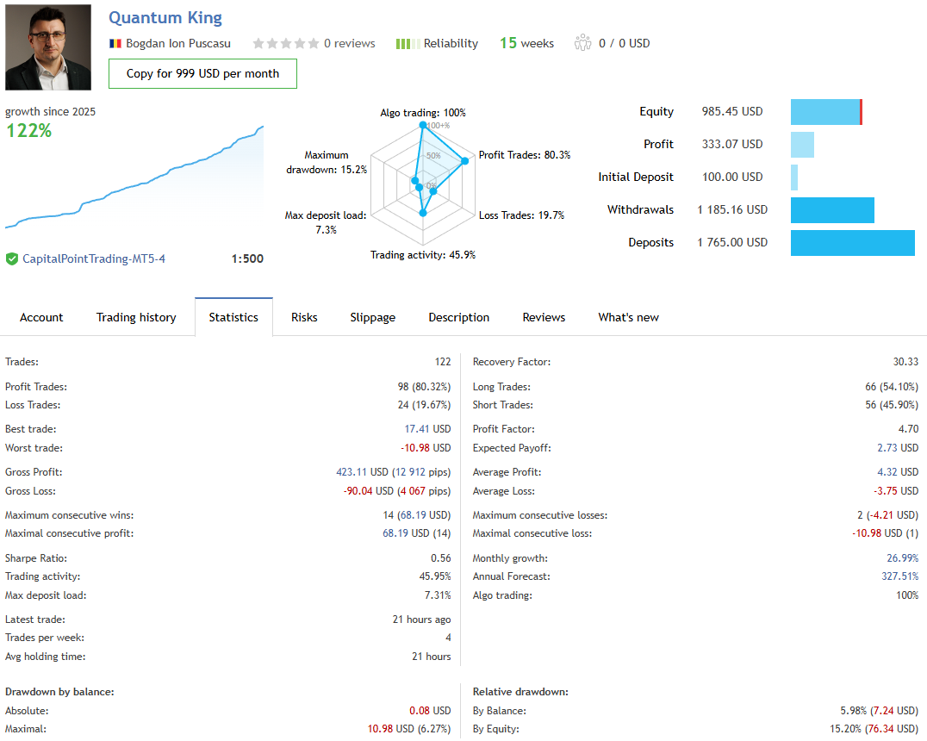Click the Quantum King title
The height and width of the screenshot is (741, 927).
point(165,18)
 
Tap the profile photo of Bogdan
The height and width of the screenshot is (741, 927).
point(48,47)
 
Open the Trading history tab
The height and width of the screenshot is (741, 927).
point(136,317)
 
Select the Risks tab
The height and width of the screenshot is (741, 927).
point(304,317)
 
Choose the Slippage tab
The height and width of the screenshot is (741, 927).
point(373,317)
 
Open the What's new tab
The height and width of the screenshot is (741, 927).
point(628,317)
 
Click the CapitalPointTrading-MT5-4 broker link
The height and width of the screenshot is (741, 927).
point(94,258)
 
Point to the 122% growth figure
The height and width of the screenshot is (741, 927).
point(29,131)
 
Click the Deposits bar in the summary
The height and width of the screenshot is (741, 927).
point(852,243)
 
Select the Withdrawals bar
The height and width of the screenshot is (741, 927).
point(832,210)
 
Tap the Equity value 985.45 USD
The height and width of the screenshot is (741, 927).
point(732,112)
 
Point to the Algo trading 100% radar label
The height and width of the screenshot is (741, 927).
point(423,113)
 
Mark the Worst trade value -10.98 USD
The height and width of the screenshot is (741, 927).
point(426,448)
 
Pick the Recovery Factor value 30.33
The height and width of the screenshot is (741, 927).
point(905,362)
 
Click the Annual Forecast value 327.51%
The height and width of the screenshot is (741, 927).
point(899,576)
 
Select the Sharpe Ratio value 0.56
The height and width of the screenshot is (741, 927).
point(440,558)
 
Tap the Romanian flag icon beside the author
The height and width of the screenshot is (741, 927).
point(115,43)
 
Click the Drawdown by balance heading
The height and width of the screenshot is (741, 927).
point(59,692)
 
